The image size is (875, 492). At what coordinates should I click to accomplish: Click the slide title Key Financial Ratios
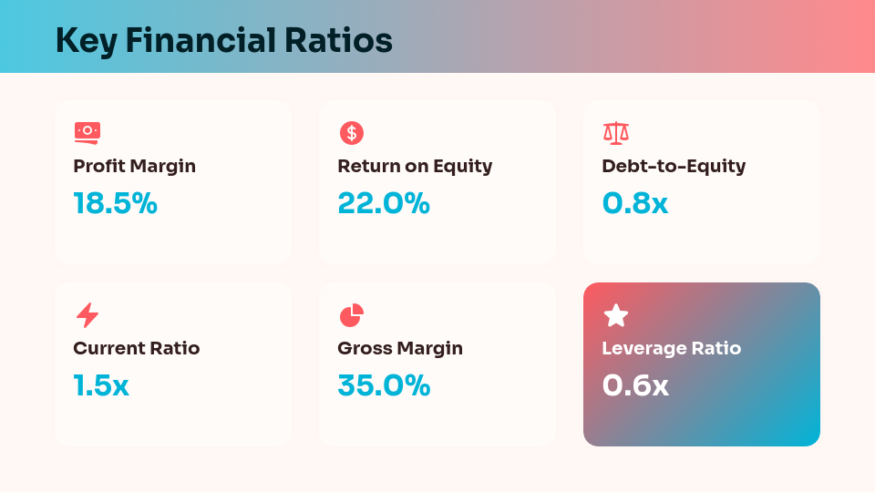tap(223, 41)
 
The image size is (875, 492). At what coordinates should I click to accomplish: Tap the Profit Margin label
tap(134, 166)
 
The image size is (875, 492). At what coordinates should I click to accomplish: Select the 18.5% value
tap(115, 203)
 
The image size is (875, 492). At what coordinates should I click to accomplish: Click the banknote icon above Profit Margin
tap(87, 133)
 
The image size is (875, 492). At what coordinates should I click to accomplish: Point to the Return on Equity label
tap(415, 166)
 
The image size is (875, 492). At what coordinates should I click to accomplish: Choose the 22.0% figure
tap(383, 203)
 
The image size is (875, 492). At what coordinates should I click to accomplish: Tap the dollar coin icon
tap(351, 133)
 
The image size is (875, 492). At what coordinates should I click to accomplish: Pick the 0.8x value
tap(634, 203)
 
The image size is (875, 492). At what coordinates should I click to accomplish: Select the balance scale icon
tap(616, 133)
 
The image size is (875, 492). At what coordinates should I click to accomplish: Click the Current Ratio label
tap(136, 348)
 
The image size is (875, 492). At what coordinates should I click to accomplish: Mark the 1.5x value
tap(100, 385)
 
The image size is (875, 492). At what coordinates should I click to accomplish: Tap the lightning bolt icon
tap(87, 315)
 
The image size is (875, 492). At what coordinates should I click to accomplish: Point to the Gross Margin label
tap(400, 348)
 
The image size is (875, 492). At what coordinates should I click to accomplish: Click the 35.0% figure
tap(383, 385)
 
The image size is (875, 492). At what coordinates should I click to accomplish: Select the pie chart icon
tap(351, 315)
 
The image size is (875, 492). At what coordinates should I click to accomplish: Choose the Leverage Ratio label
tap(671, 348)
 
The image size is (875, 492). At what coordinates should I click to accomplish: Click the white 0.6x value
tap(634, 385)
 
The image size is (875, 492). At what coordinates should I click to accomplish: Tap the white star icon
tap(616, 315)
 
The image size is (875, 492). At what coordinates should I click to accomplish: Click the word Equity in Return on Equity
tap(463, 167)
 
